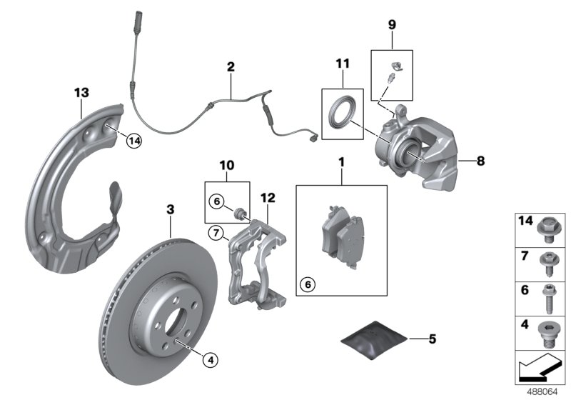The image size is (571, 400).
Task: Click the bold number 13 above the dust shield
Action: point(81,91)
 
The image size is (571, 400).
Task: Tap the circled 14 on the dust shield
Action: point(133,141)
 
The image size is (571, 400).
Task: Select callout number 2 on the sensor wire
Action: point(231,68)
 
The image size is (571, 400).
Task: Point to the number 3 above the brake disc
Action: point(170,209)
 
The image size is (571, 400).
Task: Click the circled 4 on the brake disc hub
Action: point(209,360)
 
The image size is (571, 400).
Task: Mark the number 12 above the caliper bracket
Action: point(268,197)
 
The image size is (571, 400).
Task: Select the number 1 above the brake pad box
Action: point(341,163)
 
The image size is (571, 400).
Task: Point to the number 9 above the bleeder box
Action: point(391,24)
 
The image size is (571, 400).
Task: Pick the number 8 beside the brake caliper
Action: point(481,161)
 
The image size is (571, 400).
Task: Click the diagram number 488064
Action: point(546,392)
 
